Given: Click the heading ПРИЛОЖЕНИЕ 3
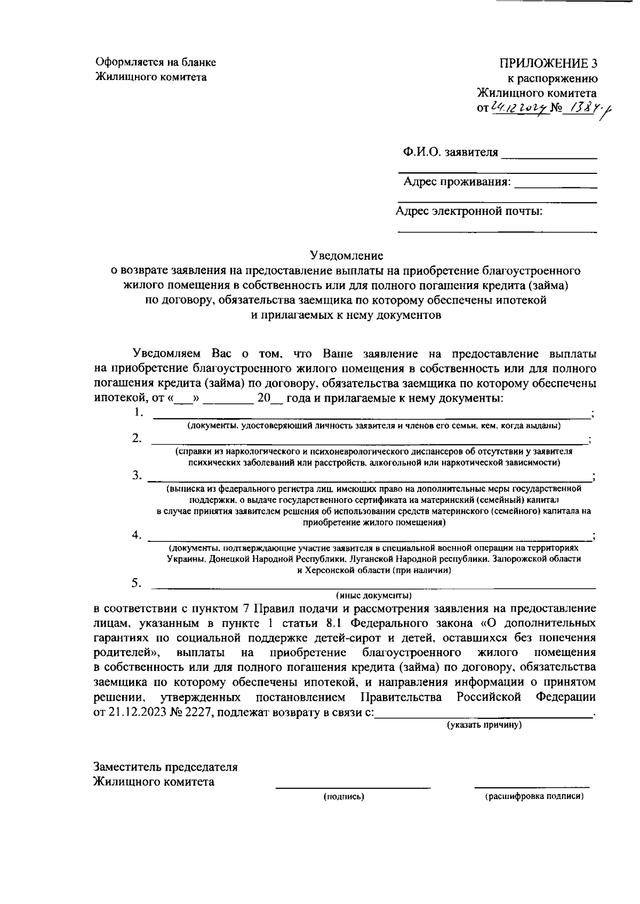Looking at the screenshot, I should tap(548, 63).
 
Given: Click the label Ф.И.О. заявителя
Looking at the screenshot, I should tap(450, 153).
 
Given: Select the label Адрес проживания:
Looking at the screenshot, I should tap(457, 182).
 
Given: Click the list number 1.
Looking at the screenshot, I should tap(138, 412).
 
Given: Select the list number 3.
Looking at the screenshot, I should tap(138, 475).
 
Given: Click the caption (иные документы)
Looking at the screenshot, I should tap(373, 595).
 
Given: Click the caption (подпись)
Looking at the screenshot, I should tap(343, 797).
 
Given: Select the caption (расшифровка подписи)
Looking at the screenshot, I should tap(534, 797).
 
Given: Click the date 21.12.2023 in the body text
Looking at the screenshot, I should tap(137, 713).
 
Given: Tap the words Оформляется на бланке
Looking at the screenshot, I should tap(156, 62).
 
